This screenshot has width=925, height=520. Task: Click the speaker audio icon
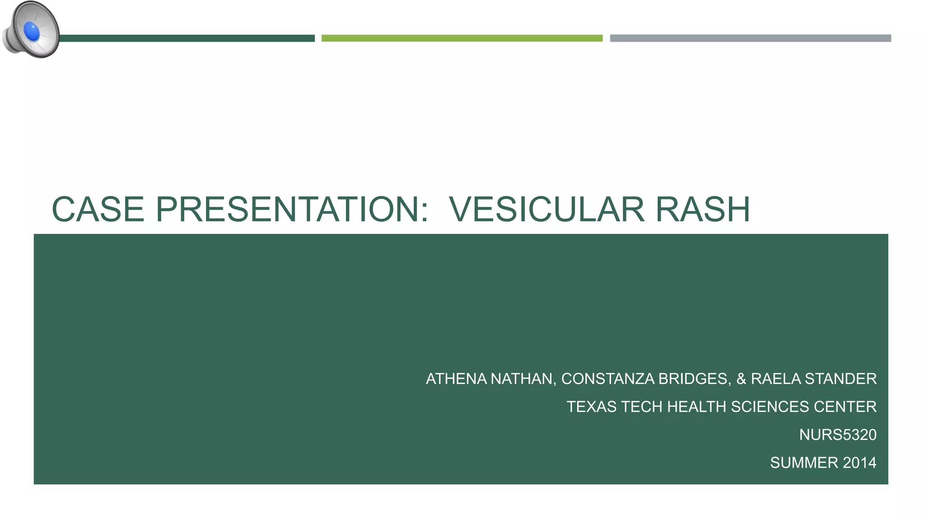click(x=31, y=30)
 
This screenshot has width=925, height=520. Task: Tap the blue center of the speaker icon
click(x=32, y=31)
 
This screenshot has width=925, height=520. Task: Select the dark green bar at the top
click(x=187, y=38)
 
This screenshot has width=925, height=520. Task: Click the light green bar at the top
click(x=462, y=38)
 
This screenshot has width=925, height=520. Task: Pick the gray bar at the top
click(x=750, y=38)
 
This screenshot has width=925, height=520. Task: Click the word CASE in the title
click(x=98, y=209)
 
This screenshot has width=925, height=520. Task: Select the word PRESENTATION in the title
click(x=291, y=209)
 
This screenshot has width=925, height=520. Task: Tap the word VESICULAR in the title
click(x=547, y=209)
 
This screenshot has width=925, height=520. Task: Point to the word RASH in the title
click(x=702, y=209)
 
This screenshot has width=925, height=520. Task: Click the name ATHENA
click(x=456, y=379)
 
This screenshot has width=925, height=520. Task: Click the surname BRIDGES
click(x=694, y=379)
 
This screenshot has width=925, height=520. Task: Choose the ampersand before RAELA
click(x=741, y=379)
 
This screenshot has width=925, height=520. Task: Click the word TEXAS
click(x=591, y=407)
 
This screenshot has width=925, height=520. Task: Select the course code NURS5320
click(x=837, y=435)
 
